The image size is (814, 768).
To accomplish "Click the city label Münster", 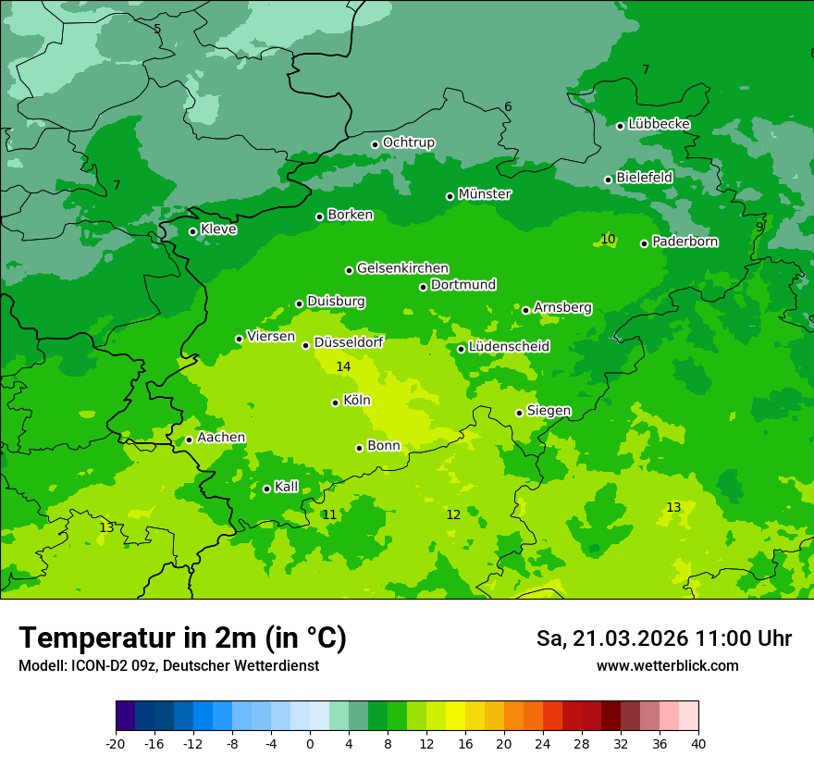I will coord(484,194).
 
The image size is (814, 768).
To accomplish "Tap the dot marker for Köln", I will coord(336,403).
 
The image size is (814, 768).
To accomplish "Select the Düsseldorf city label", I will coord(349,342).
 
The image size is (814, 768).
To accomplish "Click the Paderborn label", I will coord(684,242).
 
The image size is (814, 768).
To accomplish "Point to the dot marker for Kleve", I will coord(193,231).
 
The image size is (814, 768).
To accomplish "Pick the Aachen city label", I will coord(221,438).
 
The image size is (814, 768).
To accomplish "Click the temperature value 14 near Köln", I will coord(343,367).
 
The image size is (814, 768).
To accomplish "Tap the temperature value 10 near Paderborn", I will coord(608,240).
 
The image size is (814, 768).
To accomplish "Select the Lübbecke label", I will coord(659,124).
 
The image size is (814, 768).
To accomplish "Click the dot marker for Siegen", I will coord(520,414).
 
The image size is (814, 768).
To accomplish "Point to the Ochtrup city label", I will coord(408,142).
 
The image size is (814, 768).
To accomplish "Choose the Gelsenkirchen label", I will coord(402,268).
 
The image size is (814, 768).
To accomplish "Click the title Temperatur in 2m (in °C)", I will coord(182,638).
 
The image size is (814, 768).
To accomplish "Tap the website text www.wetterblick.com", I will coord(667,666).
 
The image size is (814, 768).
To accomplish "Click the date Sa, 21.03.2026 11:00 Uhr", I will coord(663,639).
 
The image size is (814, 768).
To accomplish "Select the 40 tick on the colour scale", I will coord(697,744).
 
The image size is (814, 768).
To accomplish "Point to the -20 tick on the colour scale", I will coord(116,744).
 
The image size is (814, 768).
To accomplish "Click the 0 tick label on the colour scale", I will coord(310,744).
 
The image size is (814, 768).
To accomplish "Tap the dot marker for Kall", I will coord(267,489).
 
